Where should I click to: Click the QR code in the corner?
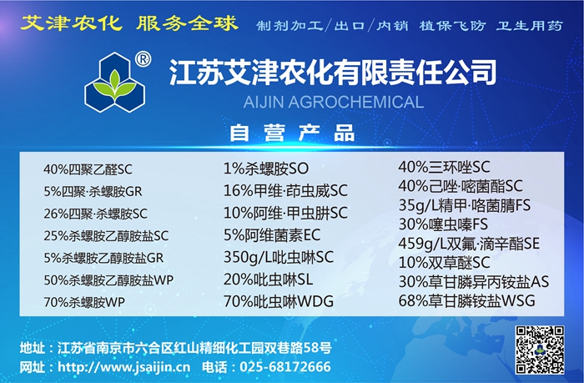tap(540, 350)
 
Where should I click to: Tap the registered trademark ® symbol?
tap(143, 59)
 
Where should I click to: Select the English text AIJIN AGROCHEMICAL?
tap(334, 102)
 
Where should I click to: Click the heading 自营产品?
tap(292, 133)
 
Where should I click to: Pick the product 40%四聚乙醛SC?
tap(88, 169)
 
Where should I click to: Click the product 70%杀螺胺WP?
tap(84, 302)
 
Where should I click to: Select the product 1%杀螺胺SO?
tap(266, 169)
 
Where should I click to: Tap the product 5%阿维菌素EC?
tap(272, 235)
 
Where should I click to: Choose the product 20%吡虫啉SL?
tap(268, 280)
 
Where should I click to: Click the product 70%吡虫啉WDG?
tap(279, 301)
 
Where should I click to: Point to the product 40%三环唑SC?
tap(445, 167)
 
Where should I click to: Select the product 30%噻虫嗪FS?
tap(443, 224)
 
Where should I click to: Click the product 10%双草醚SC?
tap(445, 263)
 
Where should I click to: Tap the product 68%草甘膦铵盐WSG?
tap(467, 300)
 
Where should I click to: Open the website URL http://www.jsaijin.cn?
tap(124, 367)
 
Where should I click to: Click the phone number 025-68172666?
tap(285, 367)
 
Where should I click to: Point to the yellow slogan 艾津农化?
tap(71, 23)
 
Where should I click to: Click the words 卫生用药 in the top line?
tap(529, 26)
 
